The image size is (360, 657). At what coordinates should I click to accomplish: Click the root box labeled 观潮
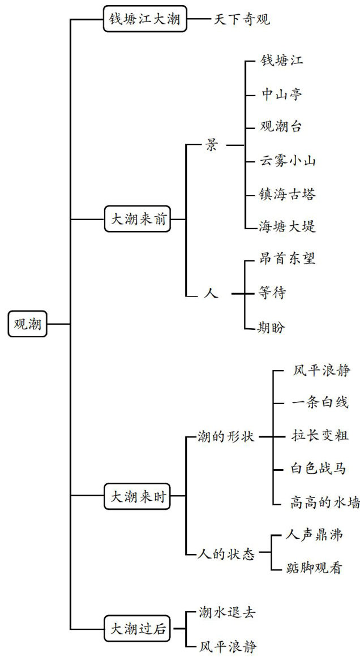click(28, 324)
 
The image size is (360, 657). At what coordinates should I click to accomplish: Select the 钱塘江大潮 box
click(144, 19)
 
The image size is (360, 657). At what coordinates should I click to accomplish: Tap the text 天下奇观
click(242, 20)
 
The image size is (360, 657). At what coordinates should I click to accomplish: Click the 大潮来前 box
click(138, 220)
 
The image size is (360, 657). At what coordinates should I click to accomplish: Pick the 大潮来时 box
click(138, 497)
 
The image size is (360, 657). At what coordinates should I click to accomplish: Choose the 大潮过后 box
click(138, 628)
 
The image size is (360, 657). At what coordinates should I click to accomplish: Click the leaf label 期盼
click(272, 327)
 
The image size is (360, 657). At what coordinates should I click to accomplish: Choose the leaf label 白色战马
click(316, 468)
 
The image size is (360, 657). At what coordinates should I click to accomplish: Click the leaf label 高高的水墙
click(324, 502)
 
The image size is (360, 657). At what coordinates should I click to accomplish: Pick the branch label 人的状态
click(227, 553)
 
